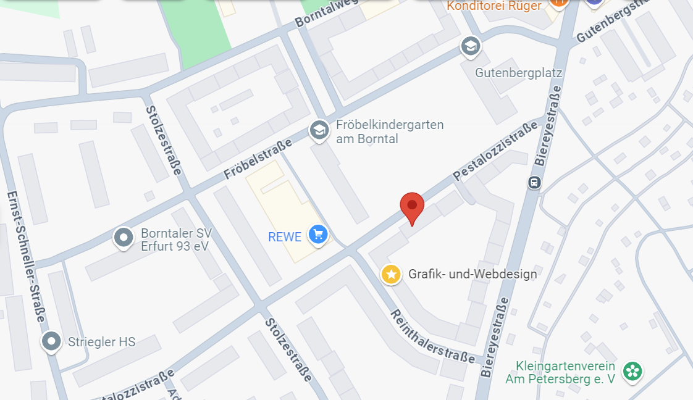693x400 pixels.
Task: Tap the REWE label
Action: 285,236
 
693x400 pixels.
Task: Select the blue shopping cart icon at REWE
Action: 317,234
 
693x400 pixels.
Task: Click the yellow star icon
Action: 391,273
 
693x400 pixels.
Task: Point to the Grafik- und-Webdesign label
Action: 472,273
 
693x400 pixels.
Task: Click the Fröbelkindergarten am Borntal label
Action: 389,131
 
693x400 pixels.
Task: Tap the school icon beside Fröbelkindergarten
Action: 319,130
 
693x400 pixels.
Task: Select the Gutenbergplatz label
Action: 518,73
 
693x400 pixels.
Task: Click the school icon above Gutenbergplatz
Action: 471,46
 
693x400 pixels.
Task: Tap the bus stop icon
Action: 534,183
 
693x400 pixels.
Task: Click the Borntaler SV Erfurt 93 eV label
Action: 176,240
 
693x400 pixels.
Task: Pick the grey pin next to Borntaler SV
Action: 124,237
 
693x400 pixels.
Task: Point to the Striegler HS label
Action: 101,342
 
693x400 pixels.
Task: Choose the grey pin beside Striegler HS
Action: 51,341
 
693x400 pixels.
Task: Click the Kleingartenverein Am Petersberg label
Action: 560,372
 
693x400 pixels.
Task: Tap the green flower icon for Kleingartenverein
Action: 632,371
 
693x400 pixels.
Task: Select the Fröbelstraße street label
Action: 258,160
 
